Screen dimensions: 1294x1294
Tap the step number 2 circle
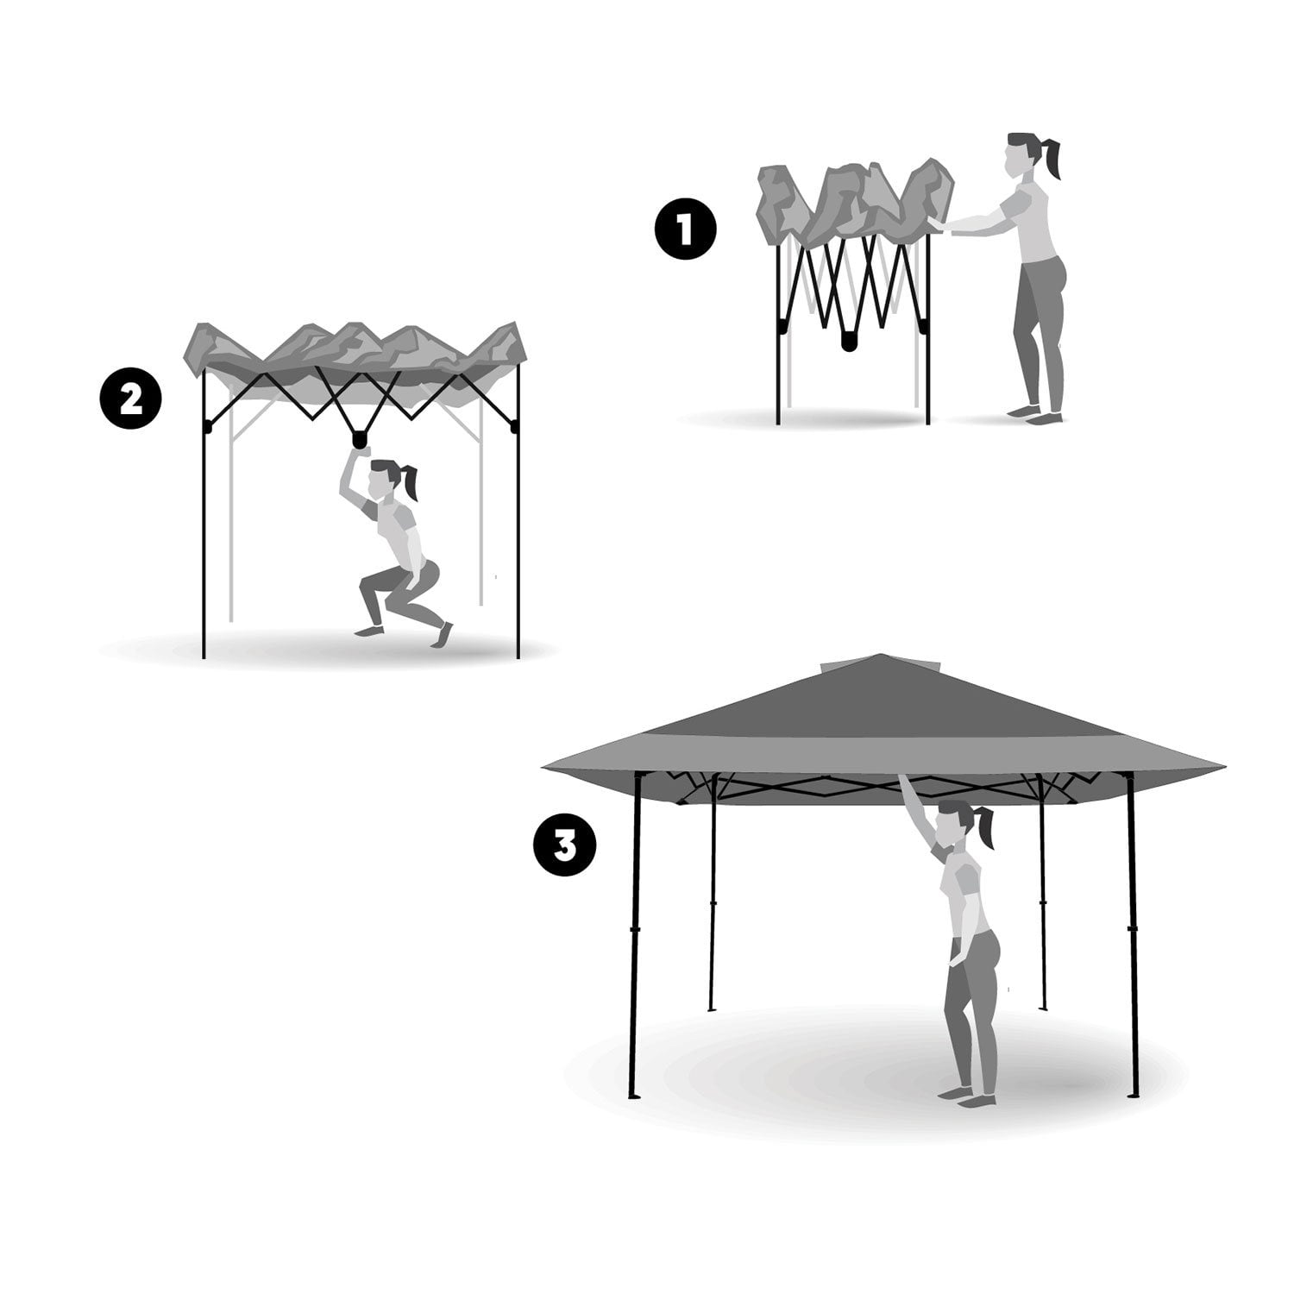[x=130, y=400]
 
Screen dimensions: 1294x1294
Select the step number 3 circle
[x=564, y=846]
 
